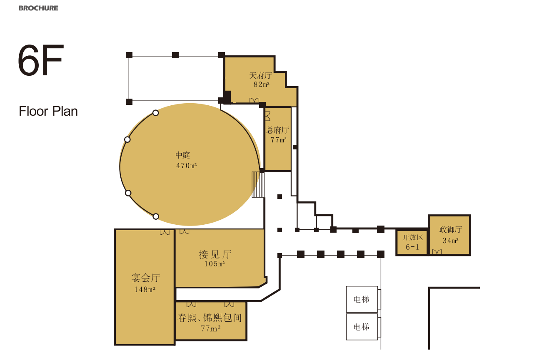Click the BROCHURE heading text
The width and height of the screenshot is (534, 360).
click(x=38, y=8)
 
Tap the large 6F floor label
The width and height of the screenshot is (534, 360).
click(x=41, y=60)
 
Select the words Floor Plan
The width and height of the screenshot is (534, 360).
click(x=48, y=111)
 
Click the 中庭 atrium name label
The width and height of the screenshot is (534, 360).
click(x=182, y=155)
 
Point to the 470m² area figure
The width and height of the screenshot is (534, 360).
click(x=187, y=165)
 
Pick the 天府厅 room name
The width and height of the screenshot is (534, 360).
click(x=261, y=75)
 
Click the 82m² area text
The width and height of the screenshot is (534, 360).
click(x=262, y=84)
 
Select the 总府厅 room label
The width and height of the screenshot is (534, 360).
click(x=278, y=130)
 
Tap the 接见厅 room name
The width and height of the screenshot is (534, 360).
click(x=215, y=254)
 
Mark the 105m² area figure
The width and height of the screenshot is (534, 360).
click(x=215, y=264)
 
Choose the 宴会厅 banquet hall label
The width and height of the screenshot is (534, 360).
click(x=146, y=278)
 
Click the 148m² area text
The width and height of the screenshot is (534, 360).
click(x=145, y=290)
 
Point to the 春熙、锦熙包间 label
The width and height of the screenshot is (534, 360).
click(x=210, y=318)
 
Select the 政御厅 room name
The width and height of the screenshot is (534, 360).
click(x=451, y=229)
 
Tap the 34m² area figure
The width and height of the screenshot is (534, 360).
click(x=451, y=241)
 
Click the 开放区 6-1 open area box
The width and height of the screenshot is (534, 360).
click(x=412, y=242)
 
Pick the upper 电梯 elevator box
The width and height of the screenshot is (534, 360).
click(x=362, y=299)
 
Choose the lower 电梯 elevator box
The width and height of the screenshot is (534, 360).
click(x=362, y=327)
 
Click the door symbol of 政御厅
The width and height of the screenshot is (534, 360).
click(x=437, y=252)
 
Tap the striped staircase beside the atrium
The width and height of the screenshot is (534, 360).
click(x=258, y=185)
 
